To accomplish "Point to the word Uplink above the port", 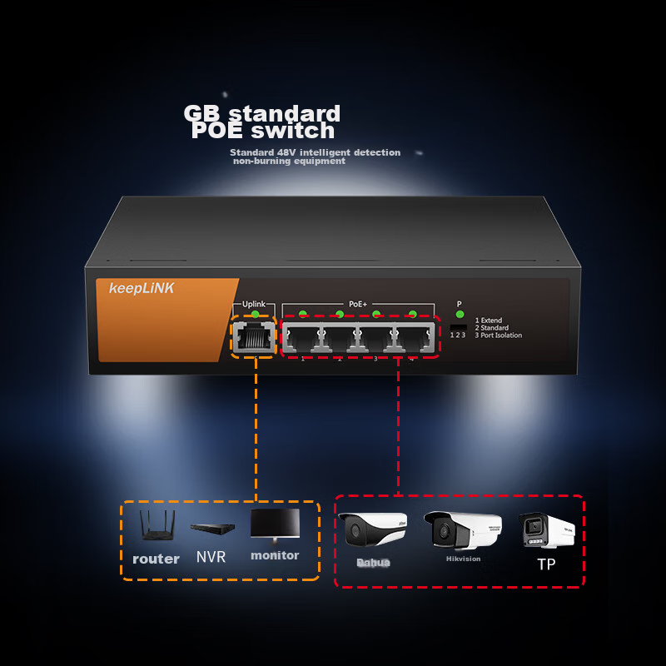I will tap(253, 305).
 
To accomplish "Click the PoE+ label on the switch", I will tap(358, 305).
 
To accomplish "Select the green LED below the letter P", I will tap(459, 315).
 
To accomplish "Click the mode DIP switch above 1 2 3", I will tap(457, 326).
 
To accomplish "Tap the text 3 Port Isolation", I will tap(499, 335).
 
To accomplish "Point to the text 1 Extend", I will tap(489, 321).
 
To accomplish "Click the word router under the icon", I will tap(156, 559).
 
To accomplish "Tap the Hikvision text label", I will tap(463, 559).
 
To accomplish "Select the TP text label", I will tap(545, 564).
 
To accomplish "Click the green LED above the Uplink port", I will tap(255, 315).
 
